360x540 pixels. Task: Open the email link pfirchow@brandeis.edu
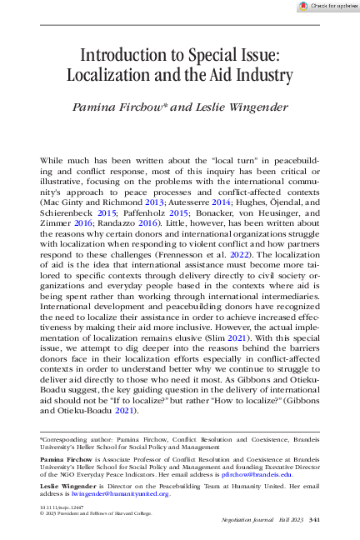pos(264,475)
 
